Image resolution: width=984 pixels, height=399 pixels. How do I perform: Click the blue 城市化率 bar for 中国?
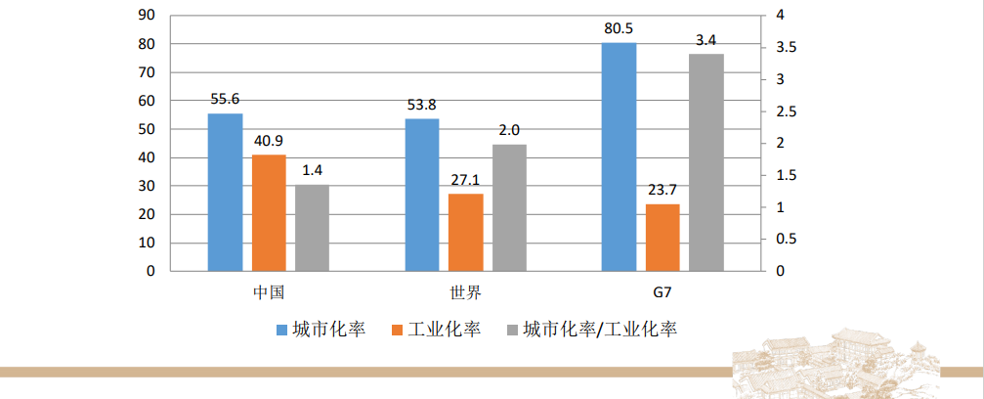point(225,193)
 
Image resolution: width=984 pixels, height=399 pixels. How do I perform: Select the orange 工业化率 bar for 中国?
point(269,213)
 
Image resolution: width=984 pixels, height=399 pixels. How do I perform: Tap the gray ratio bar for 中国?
point(312,228)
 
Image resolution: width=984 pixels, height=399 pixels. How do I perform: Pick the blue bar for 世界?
point(422,195)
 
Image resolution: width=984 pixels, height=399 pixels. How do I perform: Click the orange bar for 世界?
point(466,233)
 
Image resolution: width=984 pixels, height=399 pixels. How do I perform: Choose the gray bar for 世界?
point(509,207)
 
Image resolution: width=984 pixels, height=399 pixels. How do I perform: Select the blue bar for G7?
point(619,156)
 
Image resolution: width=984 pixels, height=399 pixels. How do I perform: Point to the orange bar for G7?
point(663,238)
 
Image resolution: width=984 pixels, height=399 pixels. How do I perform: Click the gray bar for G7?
point(706,162)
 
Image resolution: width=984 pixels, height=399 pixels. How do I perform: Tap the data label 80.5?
point(620,28)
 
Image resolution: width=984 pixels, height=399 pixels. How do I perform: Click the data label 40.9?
point(269,141)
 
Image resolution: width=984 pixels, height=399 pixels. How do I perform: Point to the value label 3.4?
point(706,40)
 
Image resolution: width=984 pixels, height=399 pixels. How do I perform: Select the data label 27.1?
point(466,180)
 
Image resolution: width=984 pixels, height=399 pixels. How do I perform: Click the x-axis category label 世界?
point(465,292)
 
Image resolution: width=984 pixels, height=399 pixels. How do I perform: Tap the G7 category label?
point(663,292)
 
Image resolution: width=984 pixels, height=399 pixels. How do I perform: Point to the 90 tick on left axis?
point(148,16)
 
